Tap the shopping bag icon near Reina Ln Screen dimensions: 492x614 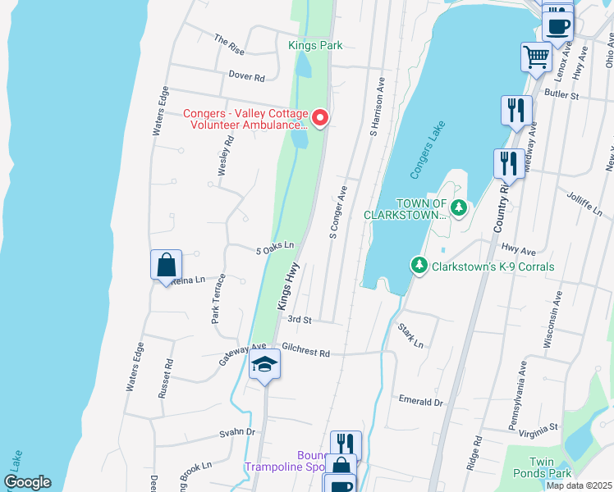point(166,265)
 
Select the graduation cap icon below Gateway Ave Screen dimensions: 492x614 point(264,364)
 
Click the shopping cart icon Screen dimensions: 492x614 point(536,57)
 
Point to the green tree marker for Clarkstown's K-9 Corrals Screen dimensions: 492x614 point(419,266)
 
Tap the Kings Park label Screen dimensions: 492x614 point(315,46)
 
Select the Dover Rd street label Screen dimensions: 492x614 point(246,77)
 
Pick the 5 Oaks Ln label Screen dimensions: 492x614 point(274,246)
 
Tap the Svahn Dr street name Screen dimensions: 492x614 point(237,432)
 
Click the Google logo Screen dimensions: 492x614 point(27,482)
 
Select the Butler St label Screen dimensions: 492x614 point(562,95)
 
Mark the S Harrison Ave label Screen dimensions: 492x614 point(378,107)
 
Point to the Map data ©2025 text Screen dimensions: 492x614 point(578,485)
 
